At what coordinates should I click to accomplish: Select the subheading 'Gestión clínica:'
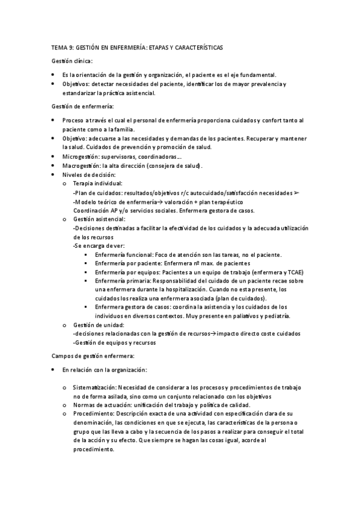click(x=72, y=61)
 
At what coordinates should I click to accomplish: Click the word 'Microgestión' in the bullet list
click(x=81, y=156)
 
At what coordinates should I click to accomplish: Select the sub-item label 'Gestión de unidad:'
click(x=98, y=325)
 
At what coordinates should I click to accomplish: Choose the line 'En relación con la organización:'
click(x=105, y=369)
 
